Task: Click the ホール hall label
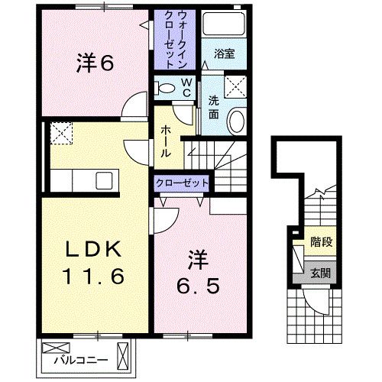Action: pyautogui.click(x=164, y=142)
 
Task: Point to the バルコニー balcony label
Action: pyautogui.click(x=94, y=355)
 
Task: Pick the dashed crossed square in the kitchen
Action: pyautogui.click(x=60, y=134)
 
